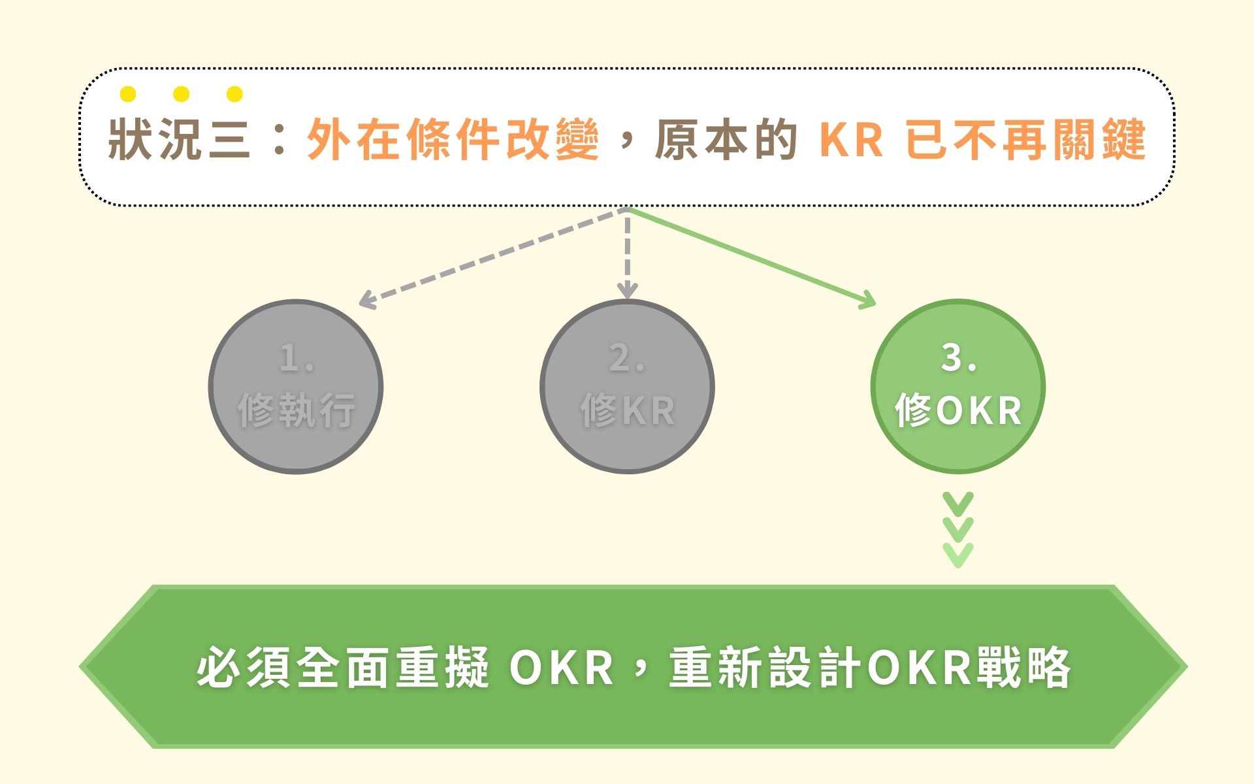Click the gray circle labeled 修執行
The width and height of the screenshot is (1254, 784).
(295, 387)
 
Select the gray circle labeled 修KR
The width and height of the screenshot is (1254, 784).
(627, 387)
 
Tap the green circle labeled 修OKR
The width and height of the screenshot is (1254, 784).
(957, 387)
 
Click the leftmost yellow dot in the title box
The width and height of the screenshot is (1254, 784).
(128, 95)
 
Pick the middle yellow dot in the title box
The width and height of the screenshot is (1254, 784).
(182, 95)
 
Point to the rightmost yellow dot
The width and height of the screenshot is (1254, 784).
(234, 95)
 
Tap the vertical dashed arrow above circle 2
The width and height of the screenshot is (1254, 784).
(627, 255)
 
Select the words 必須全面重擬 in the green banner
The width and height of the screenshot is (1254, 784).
(343, 668)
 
